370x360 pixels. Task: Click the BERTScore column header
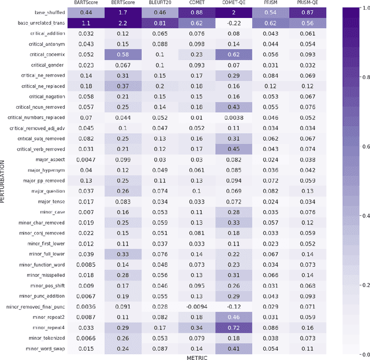pyautogui.click(x=123, y=3)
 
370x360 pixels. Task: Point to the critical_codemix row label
pyautogui.click(x=47, y=54)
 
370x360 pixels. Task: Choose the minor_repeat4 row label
pyautogui.click(x=49, y=327)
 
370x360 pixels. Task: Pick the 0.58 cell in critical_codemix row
pyautogui.click(x=123, y=54)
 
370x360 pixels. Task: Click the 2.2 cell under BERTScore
pyautogui.click(x=123, y=23)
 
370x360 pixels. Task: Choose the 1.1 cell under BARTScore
pyautogui.click(x=86, y=23)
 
